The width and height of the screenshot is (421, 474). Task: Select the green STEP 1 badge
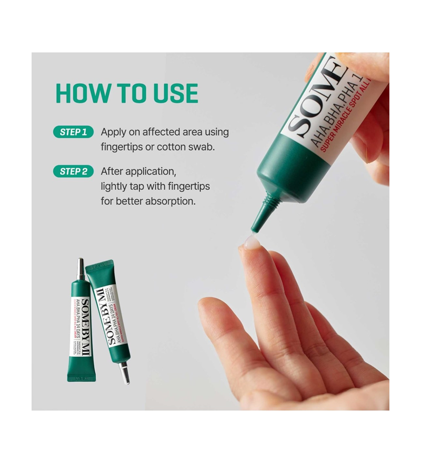[73, 132]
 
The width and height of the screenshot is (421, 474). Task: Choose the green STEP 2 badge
[73, 171]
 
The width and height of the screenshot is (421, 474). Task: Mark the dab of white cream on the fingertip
[252, 242]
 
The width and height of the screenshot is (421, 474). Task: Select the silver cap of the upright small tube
[81, 270]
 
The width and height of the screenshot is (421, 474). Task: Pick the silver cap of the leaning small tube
[124, 372]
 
